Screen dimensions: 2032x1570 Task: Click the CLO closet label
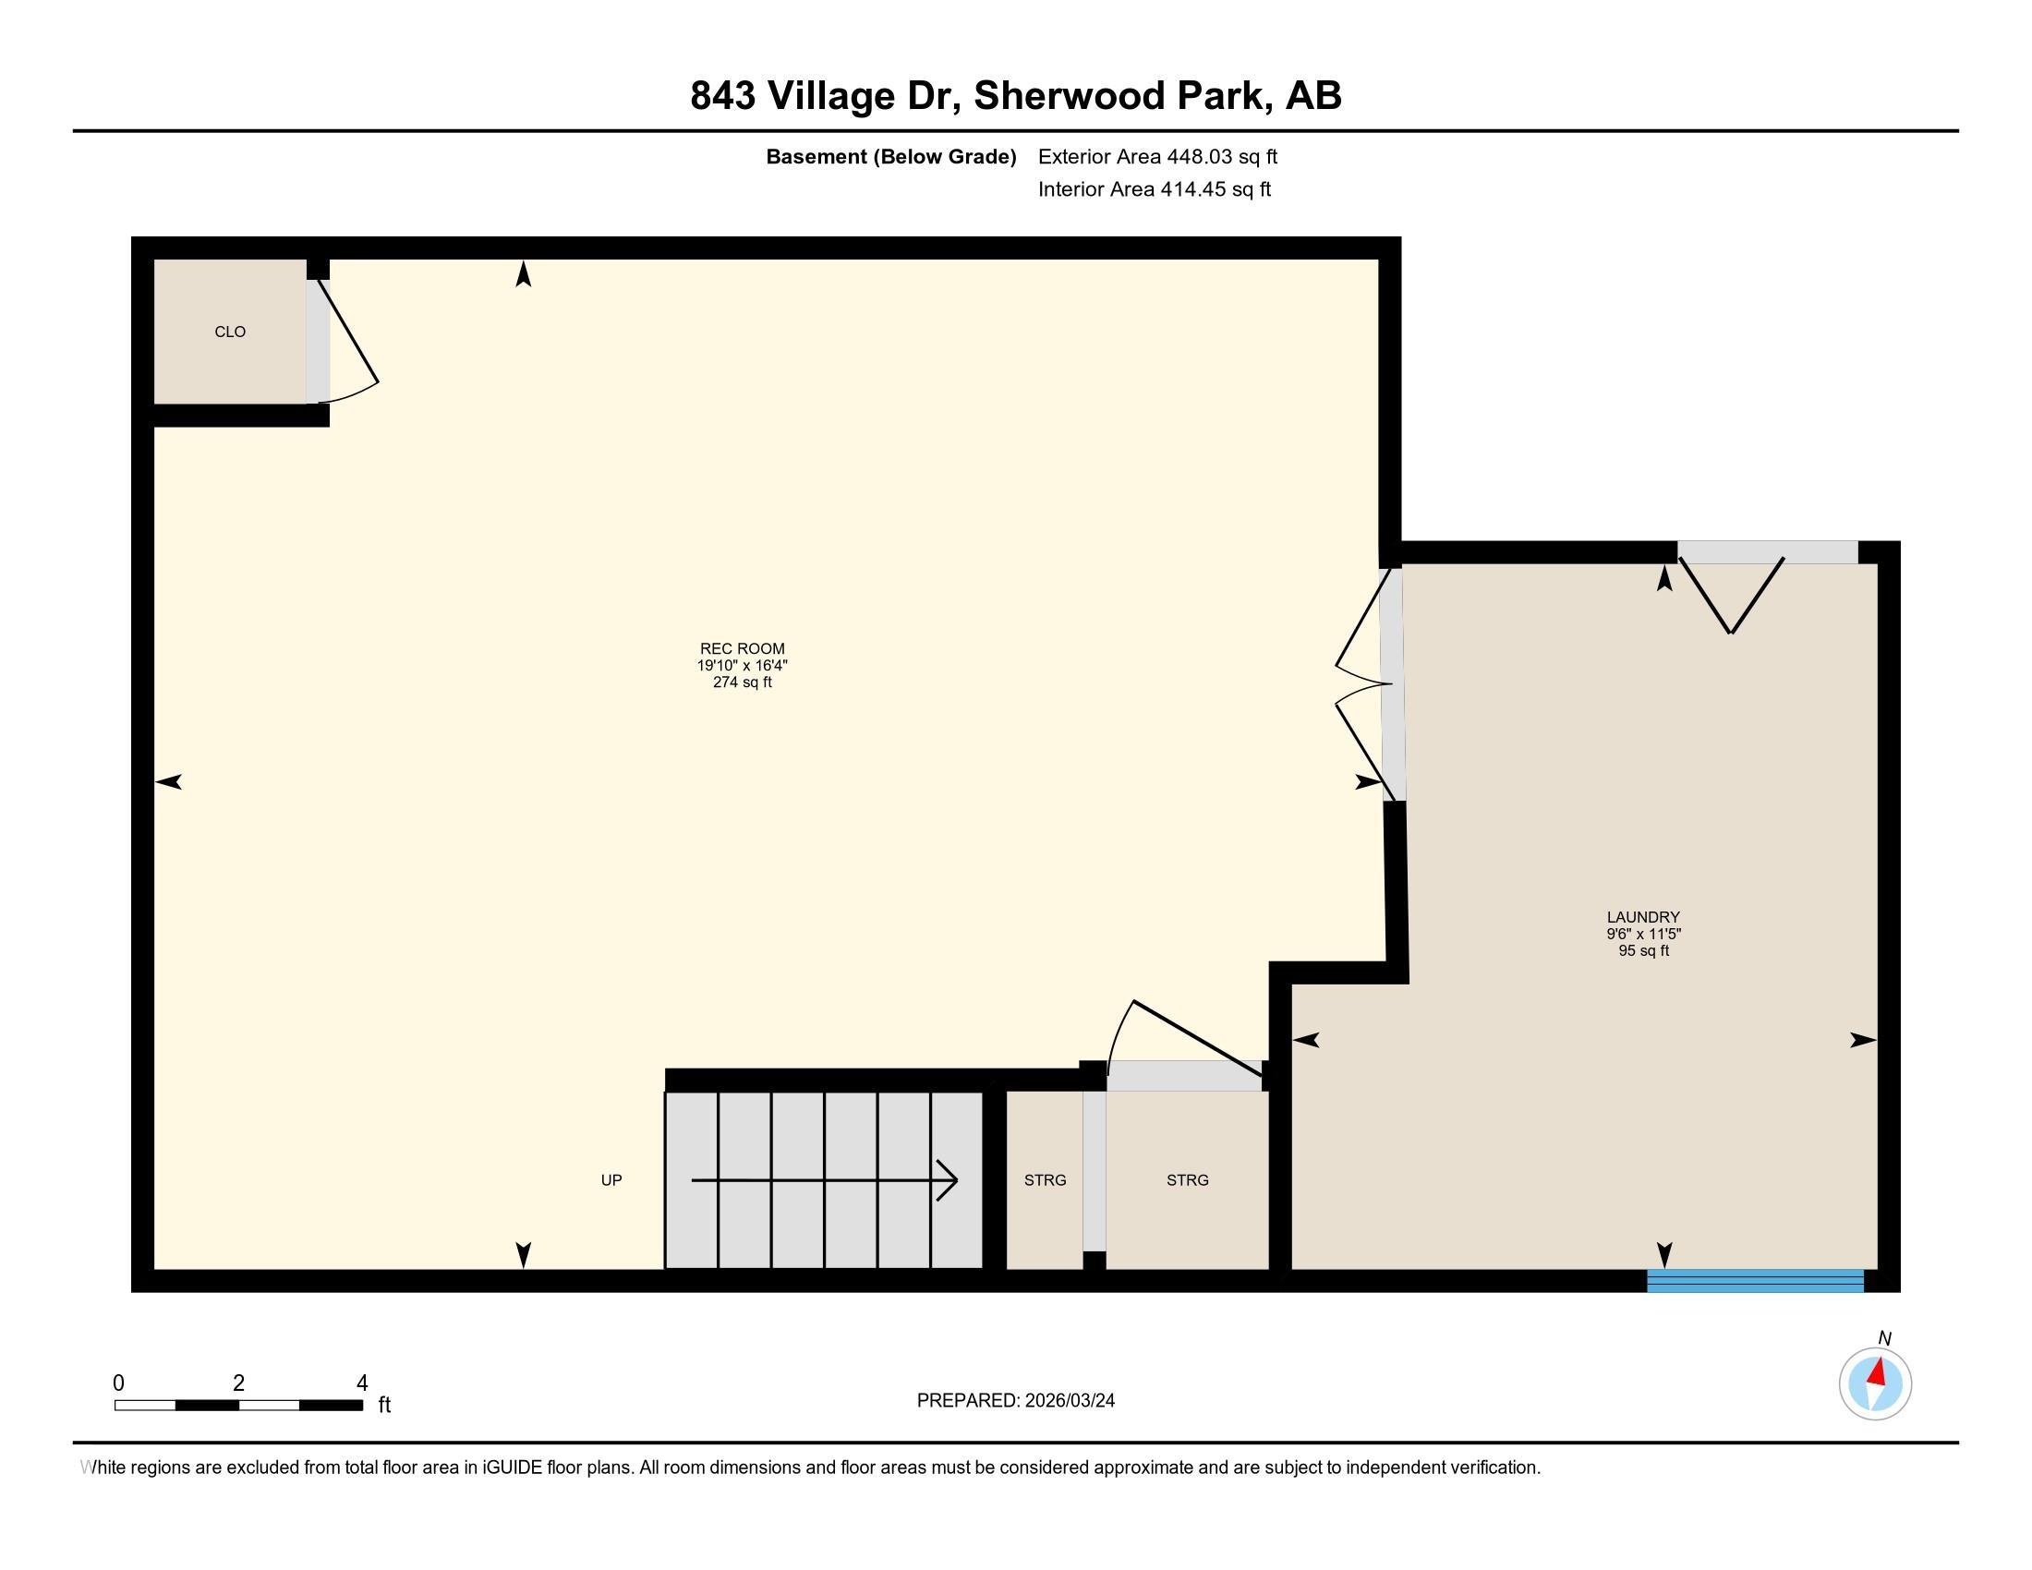230,332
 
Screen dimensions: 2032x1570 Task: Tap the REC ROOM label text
743,649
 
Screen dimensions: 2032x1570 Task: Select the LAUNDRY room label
1643,917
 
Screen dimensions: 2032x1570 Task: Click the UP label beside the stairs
611,1180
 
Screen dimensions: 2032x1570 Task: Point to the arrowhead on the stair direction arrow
948,1181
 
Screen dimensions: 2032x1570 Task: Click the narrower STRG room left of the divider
1045,1180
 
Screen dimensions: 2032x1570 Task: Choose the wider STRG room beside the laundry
1187,1180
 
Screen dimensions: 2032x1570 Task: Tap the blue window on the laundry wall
1756,1281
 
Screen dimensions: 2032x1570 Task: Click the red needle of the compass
1878,1371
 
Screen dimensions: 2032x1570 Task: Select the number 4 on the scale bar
362,1383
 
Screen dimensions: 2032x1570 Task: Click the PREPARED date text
1016,1401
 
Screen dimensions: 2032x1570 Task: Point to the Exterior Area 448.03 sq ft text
1157,157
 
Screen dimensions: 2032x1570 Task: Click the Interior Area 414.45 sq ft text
1155,189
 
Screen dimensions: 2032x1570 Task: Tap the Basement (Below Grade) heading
890,157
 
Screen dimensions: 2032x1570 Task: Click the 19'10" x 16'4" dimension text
743,666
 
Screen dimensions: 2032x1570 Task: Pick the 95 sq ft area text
1644,950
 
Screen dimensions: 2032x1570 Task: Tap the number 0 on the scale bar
119,1383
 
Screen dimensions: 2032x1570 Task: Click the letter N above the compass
1884,1338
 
